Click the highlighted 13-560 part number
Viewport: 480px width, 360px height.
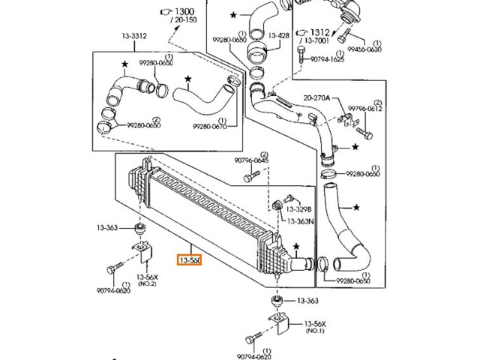(x=189, y=261)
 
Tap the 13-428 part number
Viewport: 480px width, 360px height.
(x=278, y=36)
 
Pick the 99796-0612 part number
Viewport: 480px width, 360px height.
(x=366, y=109)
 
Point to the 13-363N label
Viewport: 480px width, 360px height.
(x=298, y=221)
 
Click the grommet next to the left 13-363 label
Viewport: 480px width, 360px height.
(x=139, y=227)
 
